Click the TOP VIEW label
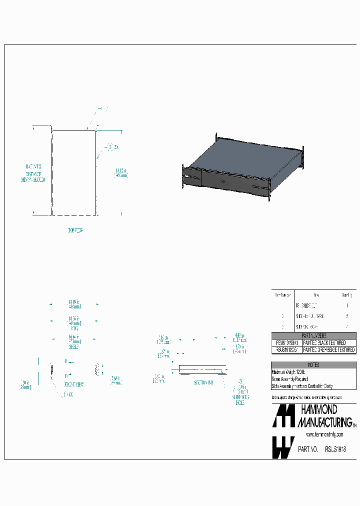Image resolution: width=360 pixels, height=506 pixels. pyautogui.click(x=75, y=230)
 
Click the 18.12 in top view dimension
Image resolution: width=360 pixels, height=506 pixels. pyautogui.click(x=121, y=172)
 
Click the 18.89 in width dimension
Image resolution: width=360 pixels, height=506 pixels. pyautogui.click(x=74, y=304)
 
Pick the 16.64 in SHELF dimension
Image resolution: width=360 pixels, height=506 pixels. pyautogui.click(x=74, y=340)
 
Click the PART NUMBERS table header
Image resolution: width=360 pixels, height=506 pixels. pyautogui.click(x=313, y=335)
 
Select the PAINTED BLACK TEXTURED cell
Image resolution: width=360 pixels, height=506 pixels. pyautogui.click(x=324, y=342)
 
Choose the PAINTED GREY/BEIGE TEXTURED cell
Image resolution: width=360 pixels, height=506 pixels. pyautogui.click(x=329, y=350)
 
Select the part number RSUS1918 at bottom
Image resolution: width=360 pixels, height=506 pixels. pyautogui.click(x=334, y=449)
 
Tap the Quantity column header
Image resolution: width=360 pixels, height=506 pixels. pyautogui.click(x=346, y=295)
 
